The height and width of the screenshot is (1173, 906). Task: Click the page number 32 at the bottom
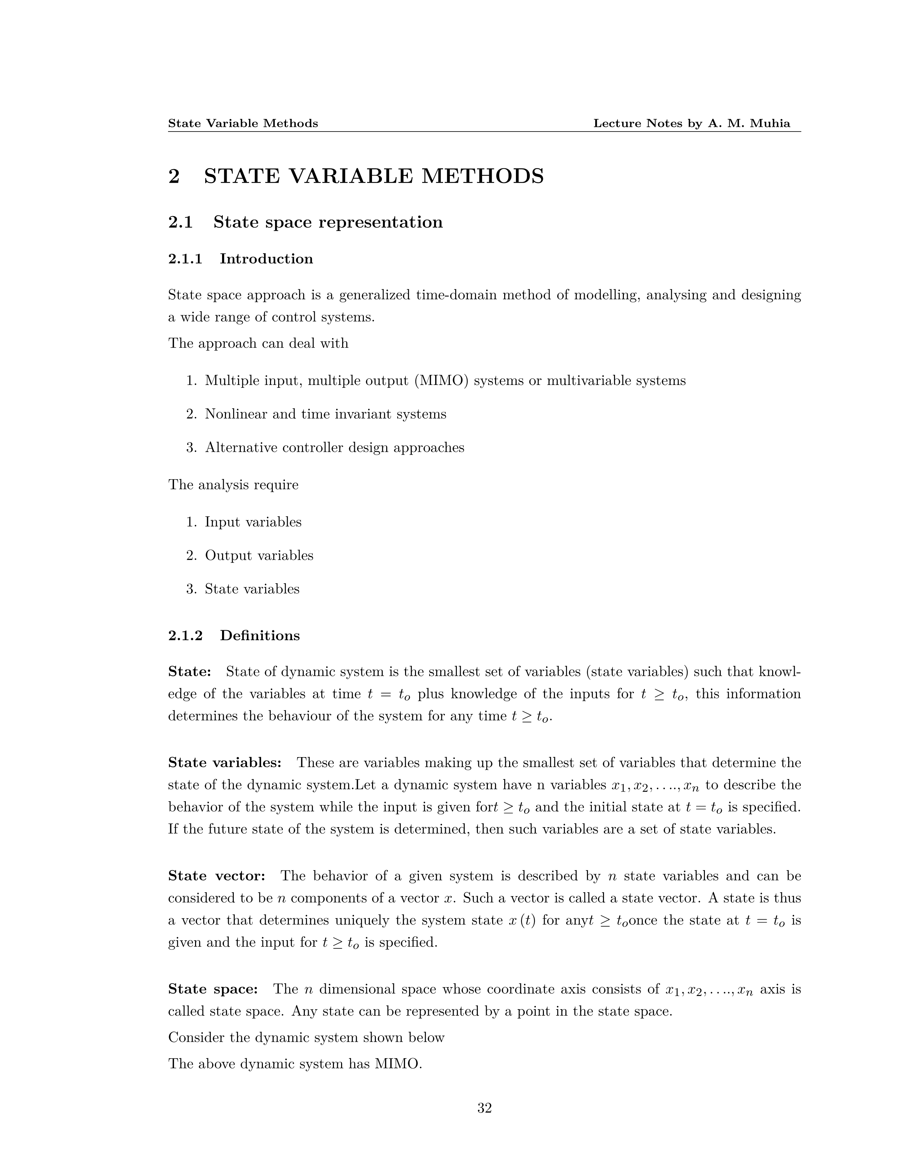tap(484, 1108)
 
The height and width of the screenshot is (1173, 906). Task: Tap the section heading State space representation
tap(328, 222)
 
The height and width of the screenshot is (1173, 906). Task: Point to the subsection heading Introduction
tap(266, 259)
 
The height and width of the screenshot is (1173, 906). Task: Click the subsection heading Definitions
tap(260, 636)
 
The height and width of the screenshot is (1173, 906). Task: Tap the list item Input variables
tap(253, 522)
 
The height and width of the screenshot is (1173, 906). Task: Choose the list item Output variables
tap(259, 555)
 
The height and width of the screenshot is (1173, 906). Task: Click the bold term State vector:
tap(216, 876)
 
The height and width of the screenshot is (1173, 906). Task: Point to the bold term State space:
tap(212, 989)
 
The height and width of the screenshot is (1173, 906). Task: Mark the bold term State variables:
tap(224, 763)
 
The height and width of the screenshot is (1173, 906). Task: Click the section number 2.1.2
tap(185, 636)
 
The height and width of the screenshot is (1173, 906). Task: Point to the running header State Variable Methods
tap(243, 124)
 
